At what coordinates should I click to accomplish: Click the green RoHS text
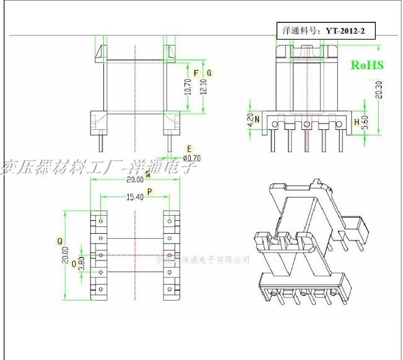[x=367, y=65]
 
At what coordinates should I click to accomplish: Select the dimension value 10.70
[x=187, y=90]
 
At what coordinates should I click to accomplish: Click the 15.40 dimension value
[x=134, y=197]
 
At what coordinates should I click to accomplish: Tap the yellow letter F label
[x=196, y=73]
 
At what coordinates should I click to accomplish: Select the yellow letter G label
[x=209, y=73]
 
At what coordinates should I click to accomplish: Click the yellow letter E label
[x=189, y=148]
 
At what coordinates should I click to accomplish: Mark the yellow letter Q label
[x=59, y=240]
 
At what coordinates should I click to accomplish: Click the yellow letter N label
[x=257, y=118]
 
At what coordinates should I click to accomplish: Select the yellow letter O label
[x=74, y=264]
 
